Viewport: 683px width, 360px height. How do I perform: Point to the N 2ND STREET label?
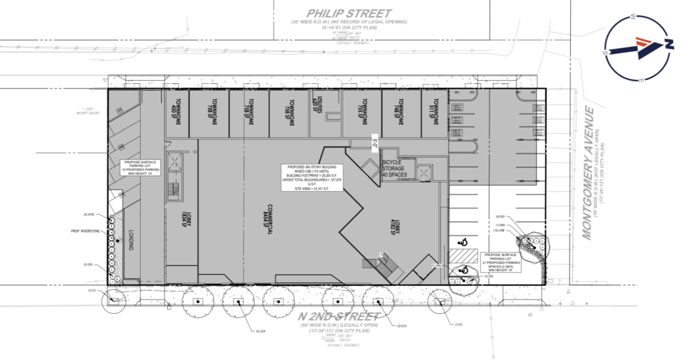[340, 316]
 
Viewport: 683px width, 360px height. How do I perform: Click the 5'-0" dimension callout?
[375, 141]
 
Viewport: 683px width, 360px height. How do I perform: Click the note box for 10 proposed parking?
[139, 167]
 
